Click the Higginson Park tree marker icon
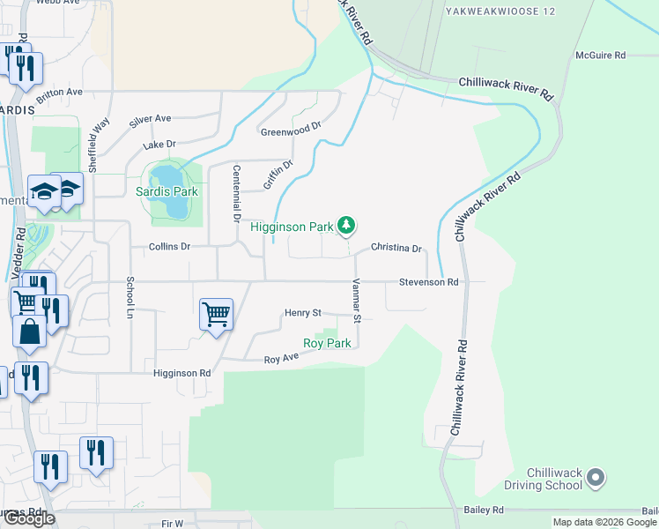347,226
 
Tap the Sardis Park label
167,191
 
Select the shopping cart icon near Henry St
216,314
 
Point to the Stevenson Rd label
429,282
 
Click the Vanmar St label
358,299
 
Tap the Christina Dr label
396,249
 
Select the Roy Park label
327,343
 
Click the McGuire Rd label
600,55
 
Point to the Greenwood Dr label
291,130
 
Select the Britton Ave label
60,92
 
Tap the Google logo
28,518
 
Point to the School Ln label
130,298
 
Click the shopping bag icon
30,332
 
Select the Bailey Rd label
484,510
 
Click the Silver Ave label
150,119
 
